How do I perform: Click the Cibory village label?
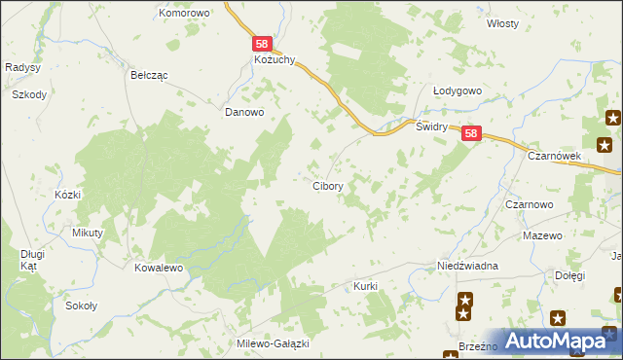(326, 185)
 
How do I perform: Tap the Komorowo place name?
(185, 14)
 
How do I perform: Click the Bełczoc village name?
(150, 74)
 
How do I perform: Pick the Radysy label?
(21, 67)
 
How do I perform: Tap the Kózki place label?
(67, 195)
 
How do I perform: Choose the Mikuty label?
(88, 234)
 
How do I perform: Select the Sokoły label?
(80, 306)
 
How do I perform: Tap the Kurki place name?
(365, 287)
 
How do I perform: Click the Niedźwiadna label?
(467, 267)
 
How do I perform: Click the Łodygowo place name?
(458, 91)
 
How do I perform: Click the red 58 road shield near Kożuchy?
(261, 44)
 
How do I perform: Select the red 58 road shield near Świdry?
(470, 135)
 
